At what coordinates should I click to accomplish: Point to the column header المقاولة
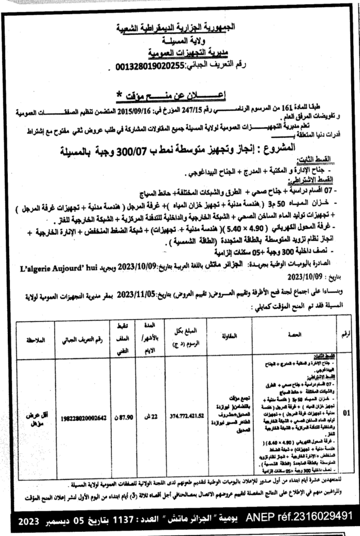click(234, 334)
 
